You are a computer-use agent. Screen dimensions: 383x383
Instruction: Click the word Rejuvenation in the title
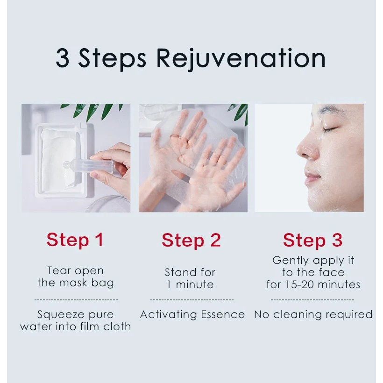coord(241,59)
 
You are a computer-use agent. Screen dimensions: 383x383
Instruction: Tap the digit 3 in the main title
coord(64,59)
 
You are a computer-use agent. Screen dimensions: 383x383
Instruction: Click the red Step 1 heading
coord(75,240)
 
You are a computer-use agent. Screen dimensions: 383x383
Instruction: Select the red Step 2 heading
coord(191,240)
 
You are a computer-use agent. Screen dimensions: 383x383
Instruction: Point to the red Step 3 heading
coord(312,240)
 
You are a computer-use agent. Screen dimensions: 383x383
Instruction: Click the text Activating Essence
coord(192,315)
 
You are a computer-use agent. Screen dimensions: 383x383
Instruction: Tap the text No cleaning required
coord(313,315)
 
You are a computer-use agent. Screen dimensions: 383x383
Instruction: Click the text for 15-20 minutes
coord(313,284)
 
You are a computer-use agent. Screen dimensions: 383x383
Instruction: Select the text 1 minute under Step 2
coord(190,284)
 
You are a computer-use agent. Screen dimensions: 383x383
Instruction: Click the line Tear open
coord(75,270)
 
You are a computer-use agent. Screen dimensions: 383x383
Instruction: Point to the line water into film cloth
coord(75,326)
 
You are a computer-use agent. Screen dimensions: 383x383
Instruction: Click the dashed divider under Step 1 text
coord(76,300)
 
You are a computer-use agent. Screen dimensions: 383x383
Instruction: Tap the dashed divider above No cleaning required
coord(312,300)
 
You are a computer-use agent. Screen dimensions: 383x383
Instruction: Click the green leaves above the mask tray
coord(93,110)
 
